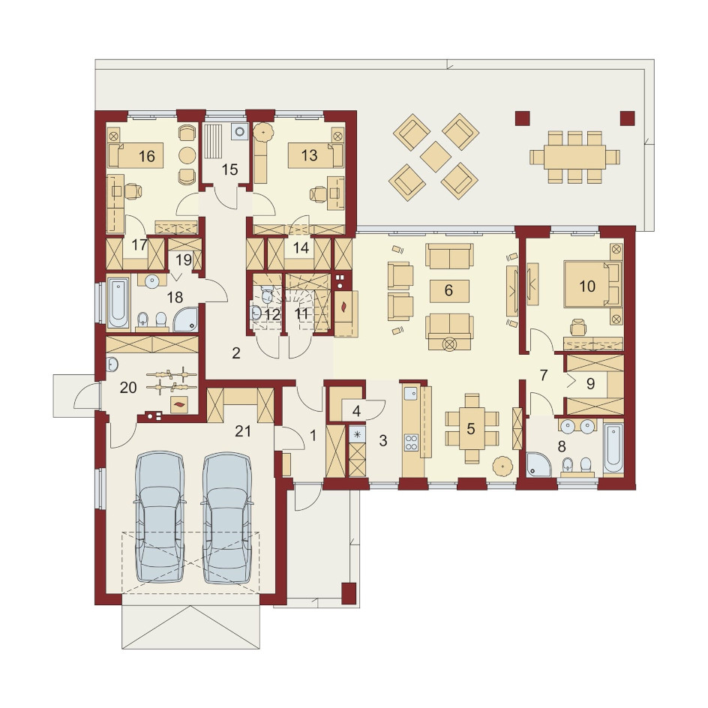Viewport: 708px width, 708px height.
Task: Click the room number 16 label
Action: [x=147, y=156]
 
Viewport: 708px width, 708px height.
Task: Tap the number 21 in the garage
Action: [x=243, y=431]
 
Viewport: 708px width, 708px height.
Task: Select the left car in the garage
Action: [x=160, y=517]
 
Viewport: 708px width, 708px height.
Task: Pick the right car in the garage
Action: [x=226, y=517]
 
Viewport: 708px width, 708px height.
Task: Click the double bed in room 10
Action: [x=591, y=285]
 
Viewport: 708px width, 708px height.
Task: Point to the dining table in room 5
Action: [x=472, y=428]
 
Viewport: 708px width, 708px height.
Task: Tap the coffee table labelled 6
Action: [x=449, y=291]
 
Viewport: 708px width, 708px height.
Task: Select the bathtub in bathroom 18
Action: [x=118, y=303]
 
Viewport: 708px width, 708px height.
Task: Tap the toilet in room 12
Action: [x=266, y=295]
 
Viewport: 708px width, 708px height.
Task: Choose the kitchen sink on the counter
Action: [x=411, y=394]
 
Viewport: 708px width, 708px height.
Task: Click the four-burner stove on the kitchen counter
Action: [x=411, y=442]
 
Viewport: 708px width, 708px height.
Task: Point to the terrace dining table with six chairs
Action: [x=574, y=157]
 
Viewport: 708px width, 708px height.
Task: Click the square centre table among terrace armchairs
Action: [x=436, y=157]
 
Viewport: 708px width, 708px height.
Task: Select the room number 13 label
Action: [x=309, y=155]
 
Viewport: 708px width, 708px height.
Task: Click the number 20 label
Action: [x=128, y=388]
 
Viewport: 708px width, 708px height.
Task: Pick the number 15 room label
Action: [x=229, y=169]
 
